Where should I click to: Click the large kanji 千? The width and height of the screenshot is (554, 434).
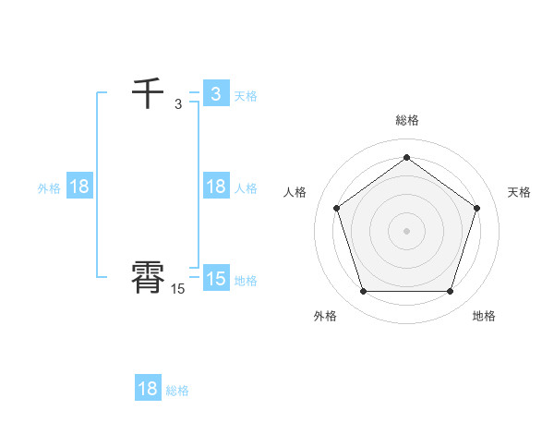click(x=148, y=94)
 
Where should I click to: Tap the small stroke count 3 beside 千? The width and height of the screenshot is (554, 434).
click(x=178, y=104)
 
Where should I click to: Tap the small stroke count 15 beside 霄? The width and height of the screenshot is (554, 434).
click(x=178, y=289)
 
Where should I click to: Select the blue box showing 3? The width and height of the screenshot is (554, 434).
click(x=216, y=94)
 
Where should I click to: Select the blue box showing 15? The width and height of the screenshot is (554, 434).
click(x=216, y=279)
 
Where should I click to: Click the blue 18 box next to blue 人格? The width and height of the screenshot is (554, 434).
click(x=216, y=187)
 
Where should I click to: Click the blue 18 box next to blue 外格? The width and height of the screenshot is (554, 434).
click(x=79, y=187)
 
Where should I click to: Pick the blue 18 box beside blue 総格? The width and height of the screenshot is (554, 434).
click(x=148, y=389)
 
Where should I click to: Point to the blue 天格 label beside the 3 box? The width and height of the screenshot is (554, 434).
click(x=246, y=96)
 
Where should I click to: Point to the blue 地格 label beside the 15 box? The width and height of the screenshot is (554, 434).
click(x=246, y=281)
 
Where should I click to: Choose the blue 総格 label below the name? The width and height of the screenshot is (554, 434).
click(x=177, y=391)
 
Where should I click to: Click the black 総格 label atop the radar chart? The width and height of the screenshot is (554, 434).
click(x=406, y=120)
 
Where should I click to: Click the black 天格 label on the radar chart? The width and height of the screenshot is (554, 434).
click(x=519, y=192)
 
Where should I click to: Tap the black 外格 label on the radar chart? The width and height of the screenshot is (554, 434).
click(x=325, y=316)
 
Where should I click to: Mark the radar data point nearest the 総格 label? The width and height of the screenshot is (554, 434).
click(x=406, y=157)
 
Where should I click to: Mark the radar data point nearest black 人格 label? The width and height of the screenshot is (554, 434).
click(x=336, y=208)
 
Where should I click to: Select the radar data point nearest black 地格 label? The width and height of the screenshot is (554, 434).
click(x=450, y=292)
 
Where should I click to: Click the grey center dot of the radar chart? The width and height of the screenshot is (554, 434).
click(x=406, y=230)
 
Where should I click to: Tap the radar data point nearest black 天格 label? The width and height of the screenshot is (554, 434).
click(x=476, y=208)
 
